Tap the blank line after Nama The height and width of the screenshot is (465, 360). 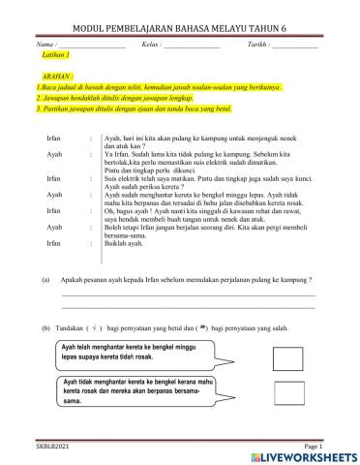92,47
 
